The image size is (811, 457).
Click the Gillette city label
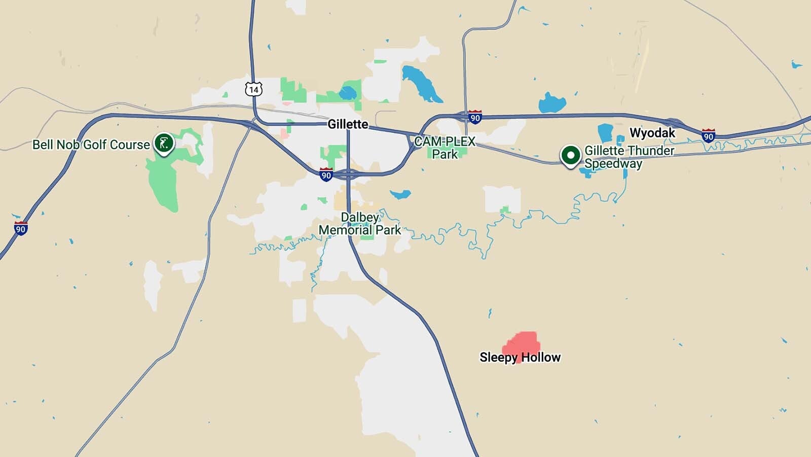(348, 124)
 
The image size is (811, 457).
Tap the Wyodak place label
(652, 133)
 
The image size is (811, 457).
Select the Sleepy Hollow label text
(520, 358)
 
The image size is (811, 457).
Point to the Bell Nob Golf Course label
(91, 145)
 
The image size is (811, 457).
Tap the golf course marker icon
(164, 144)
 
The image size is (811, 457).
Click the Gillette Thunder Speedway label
(629, 157)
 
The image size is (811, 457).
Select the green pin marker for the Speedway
(570, 155)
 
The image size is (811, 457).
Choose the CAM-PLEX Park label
(445, 148)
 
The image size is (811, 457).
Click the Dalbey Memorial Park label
(360, 224)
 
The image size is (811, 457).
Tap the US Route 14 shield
(253, 89)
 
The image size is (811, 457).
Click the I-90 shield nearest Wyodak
(708, 135)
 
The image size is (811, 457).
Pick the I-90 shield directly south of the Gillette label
(326, 175)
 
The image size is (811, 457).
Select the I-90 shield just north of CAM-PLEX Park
(474, 117)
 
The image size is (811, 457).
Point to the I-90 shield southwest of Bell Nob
(20, 228)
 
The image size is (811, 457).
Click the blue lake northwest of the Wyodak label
(551, 103)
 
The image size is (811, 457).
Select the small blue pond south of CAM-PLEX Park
(400, 194)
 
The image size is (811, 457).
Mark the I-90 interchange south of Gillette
(349, 175)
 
